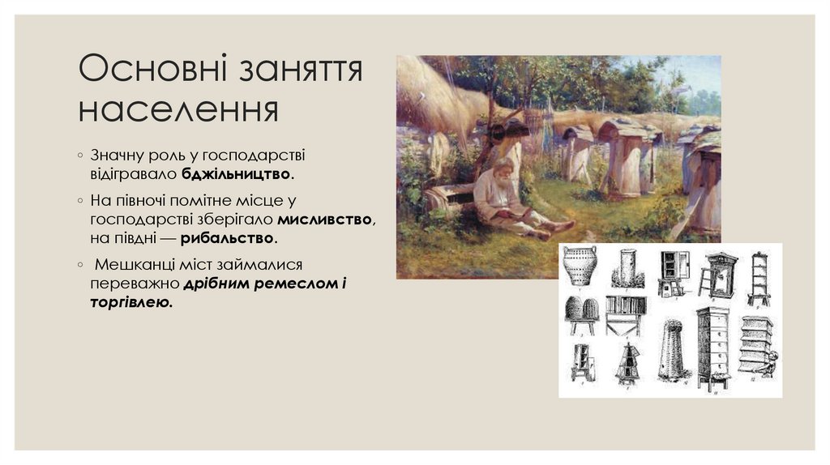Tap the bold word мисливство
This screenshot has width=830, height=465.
(326, 219)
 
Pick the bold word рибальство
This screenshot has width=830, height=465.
(229, 238)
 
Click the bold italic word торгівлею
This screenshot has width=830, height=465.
(131, 302)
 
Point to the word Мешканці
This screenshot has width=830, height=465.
(135, 265)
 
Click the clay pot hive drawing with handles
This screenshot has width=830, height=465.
(580, 266)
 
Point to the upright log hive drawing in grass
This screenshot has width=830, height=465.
(627, 268)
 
